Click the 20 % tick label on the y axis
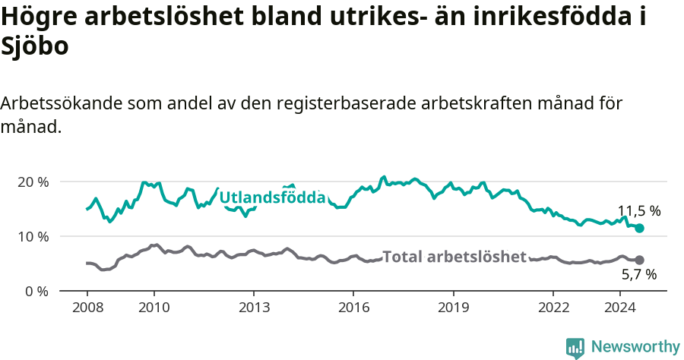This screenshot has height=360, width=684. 33,182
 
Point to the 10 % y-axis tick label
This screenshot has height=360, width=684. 33,236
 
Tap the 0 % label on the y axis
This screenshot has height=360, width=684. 36,291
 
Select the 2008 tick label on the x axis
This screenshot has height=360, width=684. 87,307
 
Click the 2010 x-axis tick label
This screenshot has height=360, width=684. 154,307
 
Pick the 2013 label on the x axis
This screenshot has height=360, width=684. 253,307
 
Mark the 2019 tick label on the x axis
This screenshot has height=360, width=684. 453,307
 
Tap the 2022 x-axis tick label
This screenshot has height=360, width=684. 553,307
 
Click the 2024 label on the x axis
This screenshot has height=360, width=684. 619,307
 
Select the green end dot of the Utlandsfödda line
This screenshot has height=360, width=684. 639,228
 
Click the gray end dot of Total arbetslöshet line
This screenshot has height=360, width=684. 639,260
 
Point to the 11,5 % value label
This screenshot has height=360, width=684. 638,211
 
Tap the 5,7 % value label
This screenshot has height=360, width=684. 639,274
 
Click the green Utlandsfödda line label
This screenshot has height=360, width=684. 273,198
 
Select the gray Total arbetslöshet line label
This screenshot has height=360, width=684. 454,257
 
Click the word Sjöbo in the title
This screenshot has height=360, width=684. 35,47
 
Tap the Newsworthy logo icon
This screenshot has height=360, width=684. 575,347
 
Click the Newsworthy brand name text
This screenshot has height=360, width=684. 635,347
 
